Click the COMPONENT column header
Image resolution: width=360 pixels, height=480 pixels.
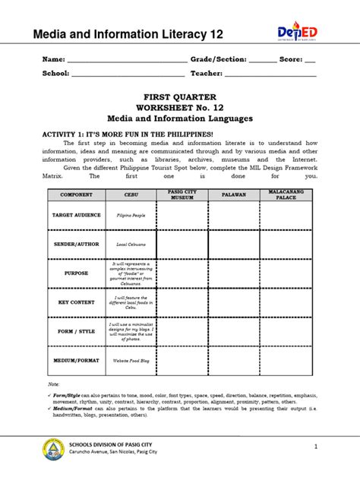tap(76, 194)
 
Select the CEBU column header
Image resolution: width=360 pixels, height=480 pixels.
tap(131, 194)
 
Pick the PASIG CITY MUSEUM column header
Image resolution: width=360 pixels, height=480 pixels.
tap(182, 194)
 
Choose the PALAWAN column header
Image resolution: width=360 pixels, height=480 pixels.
tap(233, 194)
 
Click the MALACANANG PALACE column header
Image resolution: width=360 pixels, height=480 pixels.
tap(286, 194)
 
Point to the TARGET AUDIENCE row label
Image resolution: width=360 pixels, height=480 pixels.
tap(76, 215)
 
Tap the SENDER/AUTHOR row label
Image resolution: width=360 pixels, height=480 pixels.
tap(76, 245)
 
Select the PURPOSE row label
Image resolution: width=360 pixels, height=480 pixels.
tap(76, 273)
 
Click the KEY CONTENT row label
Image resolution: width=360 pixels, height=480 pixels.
tap(76, 302)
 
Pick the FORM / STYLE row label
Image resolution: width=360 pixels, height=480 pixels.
tap(76, 330)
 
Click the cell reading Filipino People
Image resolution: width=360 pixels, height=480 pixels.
tap(131, 216)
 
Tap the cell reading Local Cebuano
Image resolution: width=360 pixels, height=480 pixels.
tap(131, 245)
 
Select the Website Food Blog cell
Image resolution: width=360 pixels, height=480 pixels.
tap(131, 360)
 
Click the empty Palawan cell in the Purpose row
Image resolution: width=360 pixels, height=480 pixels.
tap(233, 273)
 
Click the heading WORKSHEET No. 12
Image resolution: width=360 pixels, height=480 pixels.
tap(180, 108)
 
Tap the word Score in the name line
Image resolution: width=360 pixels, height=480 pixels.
tap(291, 58)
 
